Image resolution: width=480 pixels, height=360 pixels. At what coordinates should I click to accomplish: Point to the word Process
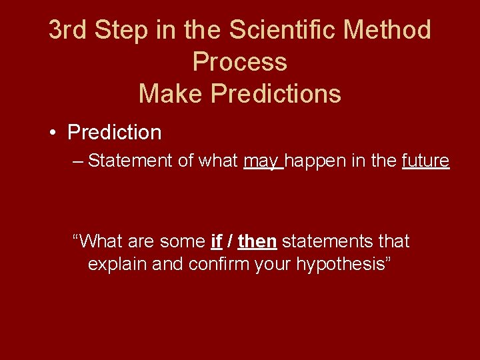240,62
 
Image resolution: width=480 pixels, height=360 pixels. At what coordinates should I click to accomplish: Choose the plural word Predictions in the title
276,94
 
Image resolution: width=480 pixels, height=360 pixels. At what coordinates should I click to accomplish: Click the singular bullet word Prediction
115,133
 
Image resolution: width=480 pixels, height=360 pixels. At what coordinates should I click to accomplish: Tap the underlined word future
426,161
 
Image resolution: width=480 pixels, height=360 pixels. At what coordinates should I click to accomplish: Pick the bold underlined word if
216,241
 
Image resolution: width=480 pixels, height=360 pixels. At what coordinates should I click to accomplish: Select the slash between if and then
230,241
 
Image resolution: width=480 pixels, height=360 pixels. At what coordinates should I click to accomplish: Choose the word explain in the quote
117,264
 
